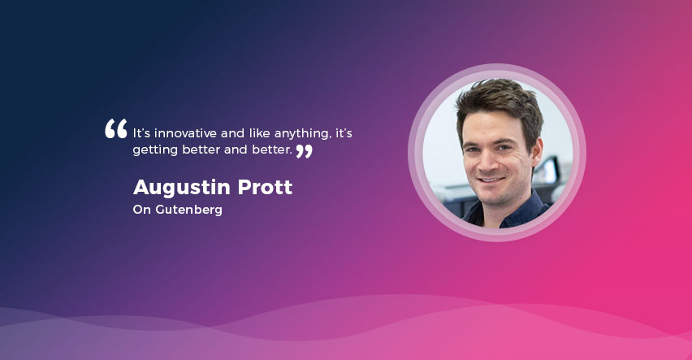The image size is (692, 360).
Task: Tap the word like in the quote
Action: coord(259,133)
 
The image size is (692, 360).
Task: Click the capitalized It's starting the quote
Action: coord(141,133)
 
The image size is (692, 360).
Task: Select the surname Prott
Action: coord(265,187)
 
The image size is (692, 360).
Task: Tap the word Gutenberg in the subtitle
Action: coord(189,210)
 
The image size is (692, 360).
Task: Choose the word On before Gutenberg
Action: coord(141,210)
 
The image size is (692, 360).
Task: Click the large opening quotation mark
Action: coord(115,128)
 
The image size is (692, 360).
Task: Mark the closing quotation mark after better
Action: coord(304,151)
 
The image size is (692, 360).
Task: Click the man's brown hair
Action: coord(499,99)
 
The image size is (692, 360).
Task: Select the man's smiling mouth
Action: coord(492,180)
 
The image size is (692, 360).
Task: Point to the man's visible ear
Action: coord(536,154)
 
